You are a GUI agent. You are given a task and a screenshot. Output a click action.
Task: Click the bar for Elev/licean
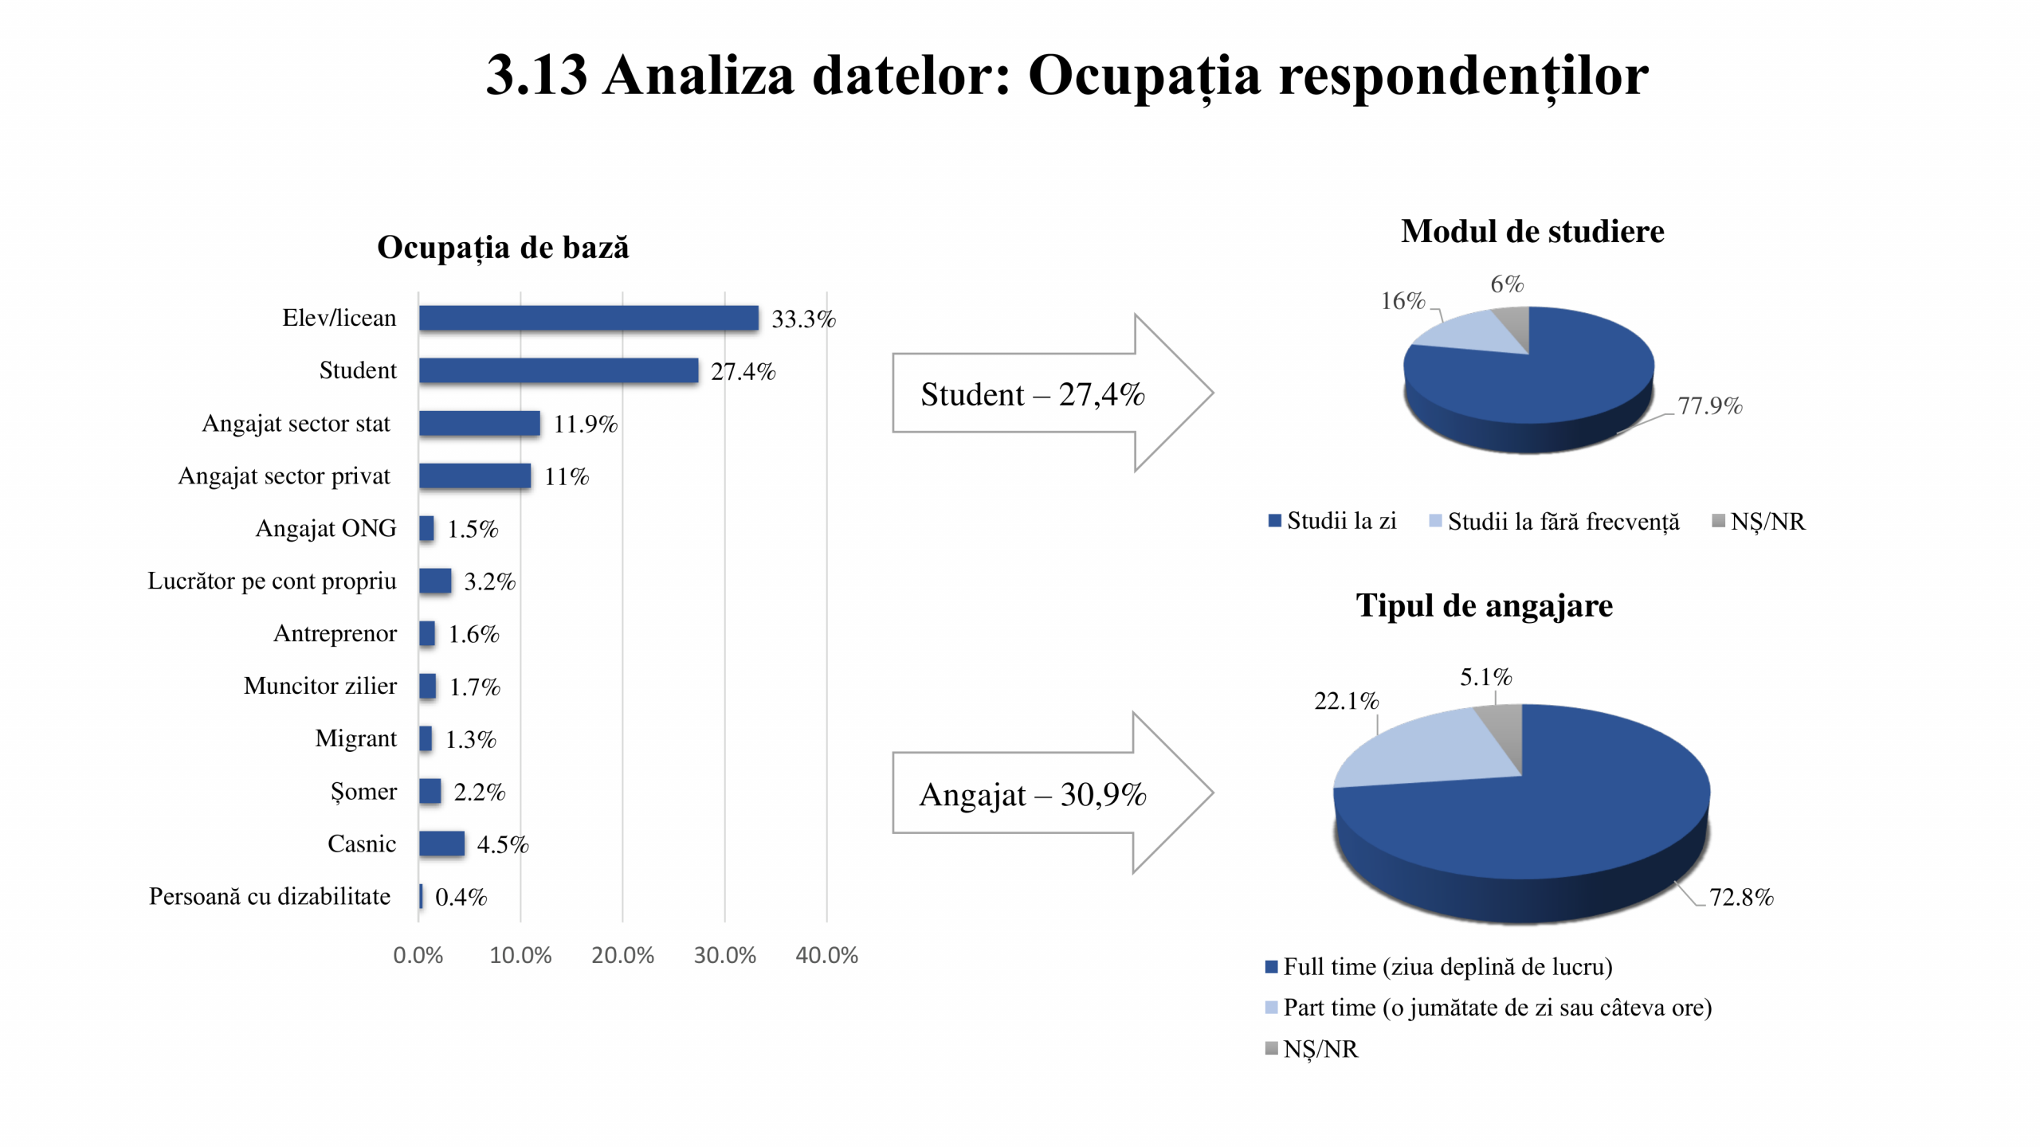[x=588, y=318]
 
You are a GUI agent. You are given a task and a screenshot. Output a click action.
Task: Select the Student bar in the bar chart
[x=558, y=370]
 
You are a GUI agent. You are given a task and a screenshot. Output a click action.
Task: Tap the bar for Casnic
[x=441, y=844]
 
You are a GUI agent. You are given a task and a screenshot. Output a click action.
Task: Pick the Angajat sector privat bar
[x=475, y=476]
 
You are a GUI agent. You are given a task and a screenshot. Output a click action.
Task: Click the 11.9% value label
[x=586, y=424]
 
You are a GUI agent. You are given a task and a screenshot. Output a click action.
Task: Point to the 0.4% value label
[x=461, y=897]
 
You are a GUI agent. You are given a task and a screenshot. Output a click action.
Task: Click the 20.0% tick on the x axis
[x=622, y=955]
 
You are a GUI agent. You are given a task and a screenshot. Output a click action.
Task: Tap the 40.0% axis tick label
[x=826, y=955]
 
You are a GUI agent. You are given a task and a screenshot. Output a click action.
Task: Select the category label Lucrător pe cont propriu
[x=272, y=581]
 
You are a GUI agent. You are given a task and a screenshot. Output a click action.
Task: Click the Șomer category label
[x=363, y=791]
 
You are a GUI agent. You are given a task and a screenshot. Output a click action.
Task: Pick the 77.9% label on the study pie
[x=1710, y=406]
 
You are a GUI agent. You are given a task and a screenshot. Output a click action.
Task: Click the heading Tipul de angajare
[x=1484, y=605]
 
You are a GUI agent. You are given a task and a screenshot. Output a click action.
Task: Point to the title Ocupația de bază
[x=503, y=247]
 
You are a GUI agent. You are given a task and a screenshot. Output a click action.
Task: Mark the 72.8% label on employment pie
[x=1741, y=898]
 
